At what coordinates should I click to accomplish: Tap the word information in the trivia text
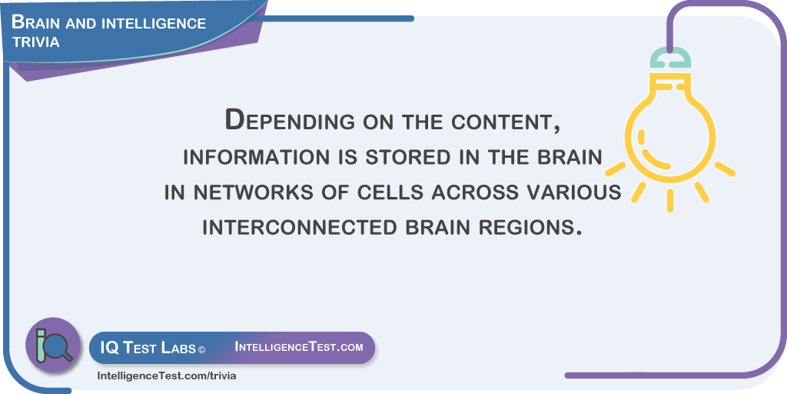click(x=254, y=157)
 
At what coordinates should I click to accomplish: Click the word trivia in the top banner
click(x=35, y=42)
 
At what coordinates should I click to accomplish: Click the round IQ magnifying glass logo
click(x=53, y=345)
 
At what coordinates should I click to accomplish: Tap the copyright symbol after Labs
click(x=201, y=349)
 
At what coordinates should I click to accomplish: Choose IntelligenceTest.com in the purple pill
click(x=299, y=347)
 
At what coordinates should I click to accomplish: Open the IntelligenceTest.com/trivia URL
click(x=166, y=376)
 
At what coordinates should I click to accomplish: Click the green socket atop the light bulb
click(x=670, y=58)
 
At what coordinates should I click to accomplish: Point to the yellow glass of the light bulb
click(x=670, y=129)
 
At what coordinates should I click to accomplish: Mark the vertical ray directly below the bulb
click(x=670, y=201)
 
